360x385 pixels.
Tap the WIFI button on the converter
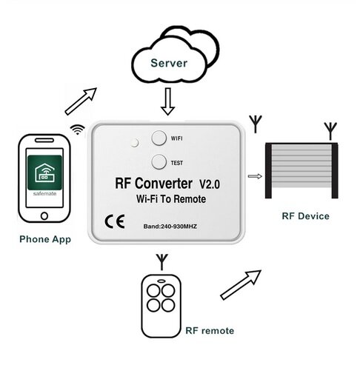point(159,138)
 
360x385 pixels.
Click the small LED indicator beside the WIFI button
point(135,142)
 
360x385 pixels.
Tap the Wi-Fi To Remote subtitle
point(171,199)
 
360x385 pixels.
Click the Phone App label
point(45,239)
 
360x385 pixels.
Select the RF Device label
point(305,216)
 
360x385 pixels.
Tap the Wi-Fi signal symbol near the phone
point(78,129)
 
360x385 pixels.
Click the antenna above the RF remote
point(162,261)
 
